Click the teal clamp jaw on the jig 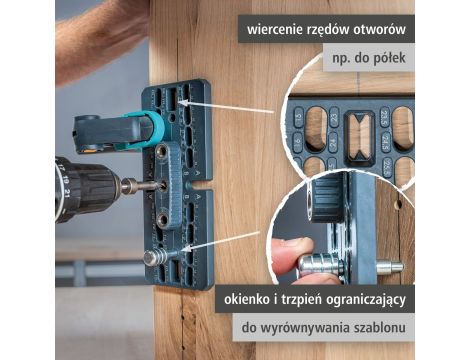[151, 126]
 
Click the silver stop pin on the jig [154, 257]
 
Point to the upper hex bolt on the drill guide [162, 151]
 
